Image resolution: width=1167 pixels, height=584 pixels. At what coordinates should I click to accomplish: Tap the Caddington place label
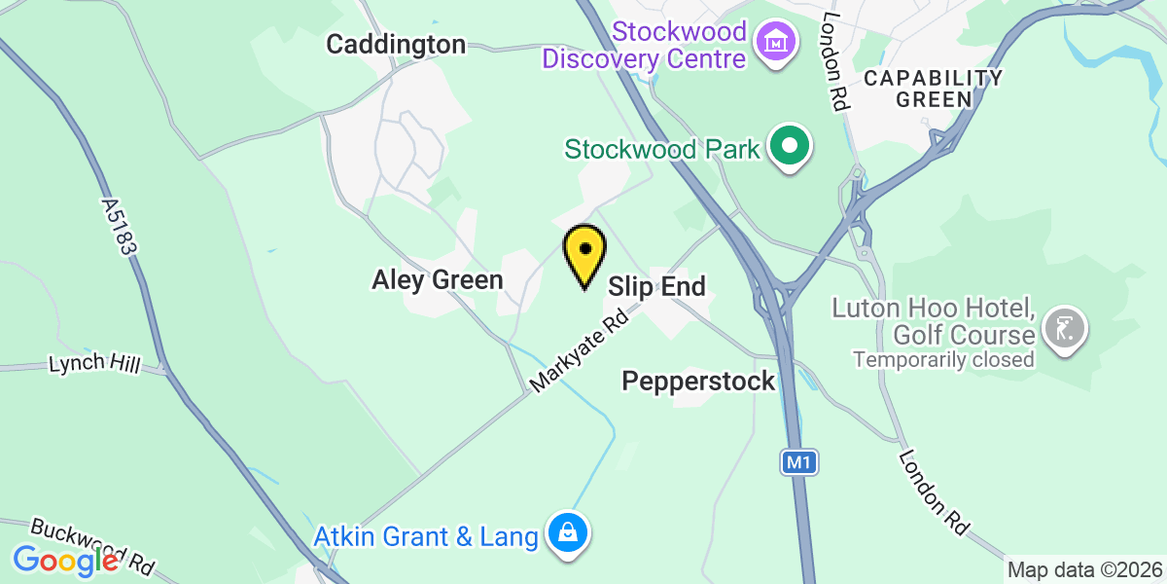tap(396, 44)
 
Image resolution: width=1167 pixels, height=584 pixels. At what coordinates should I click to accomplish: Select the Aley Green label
tap(438, 280)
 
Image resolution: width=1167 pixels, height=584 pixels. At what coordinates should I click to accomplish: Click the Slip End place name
tap(656, 286)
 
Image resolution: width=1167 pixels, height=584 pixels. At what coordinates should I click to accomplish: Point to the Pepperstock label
tap(699, 381)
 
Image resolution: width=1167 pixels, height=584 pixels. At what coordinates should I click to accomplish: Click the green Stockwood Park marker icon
tap(791, 148)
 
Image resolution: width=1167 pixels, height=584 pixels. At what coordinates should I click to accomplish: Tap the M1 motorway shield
tap(798, 463)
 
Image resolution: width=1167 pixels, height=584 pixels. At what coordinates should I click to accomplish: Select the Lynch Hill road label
tap(94, 365)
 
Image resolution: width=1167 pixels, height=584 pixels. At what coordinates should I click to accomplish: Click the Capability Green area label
tap(934, 88)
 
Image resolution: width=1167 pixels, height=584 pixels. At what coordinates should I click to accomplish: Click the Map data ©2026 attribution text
tap(1084, 570)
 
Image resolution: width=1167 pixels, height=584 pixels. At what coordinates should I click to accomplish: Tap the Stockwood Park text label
tap(663, 149)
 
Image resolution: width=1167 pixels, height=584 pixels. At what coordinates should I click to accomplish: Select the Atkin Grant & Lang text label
tap(425, 536)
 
